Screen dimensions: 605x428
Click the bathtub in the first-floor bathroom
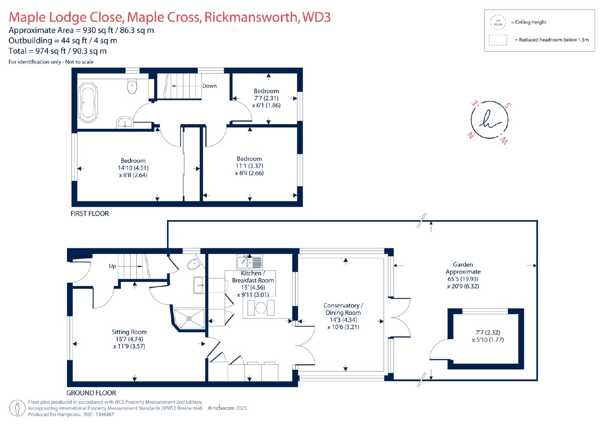tap(88, 103)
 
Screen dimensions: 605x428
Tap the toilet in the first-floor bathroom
tap(132, 86)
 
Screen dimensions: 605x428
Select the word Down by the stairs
tap(209, 86)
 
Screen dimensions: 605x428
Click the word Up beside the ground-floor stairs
tap(113, 266)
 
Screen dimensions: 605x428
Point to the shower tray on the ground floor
tap(189, 319)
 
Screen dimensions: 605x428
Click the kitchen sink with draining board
tap(249, 262)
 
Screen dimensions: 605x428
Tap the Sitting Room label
tap(129, 332)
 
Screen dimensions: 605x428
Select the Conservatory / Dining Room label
tap(343, 309)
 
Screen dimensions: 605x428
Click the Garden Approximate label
tap(463, 268)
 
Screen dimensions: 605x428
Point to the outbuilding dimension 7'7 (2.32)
tap(488, 332)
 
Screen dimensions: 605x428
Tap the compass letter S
tap(508, 106)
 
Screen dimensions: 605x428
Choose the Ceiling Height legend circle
tap(498, 22)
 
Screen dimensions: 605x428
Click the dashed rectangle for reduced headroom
tap(498, 40)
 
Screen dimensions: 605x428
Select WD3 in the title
tap(316, 17)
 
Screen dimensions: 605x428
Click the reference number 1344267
tap(104, 414)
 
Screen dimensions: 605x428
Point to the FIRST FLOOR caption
tap(90, 213)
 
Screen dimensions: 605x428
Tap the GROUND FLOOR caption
tap(91, 393)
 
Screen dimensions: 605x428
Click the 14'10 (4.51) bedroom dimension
tap(133, 168)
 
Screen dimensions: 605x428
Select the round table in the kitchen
tap(261, 308)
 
